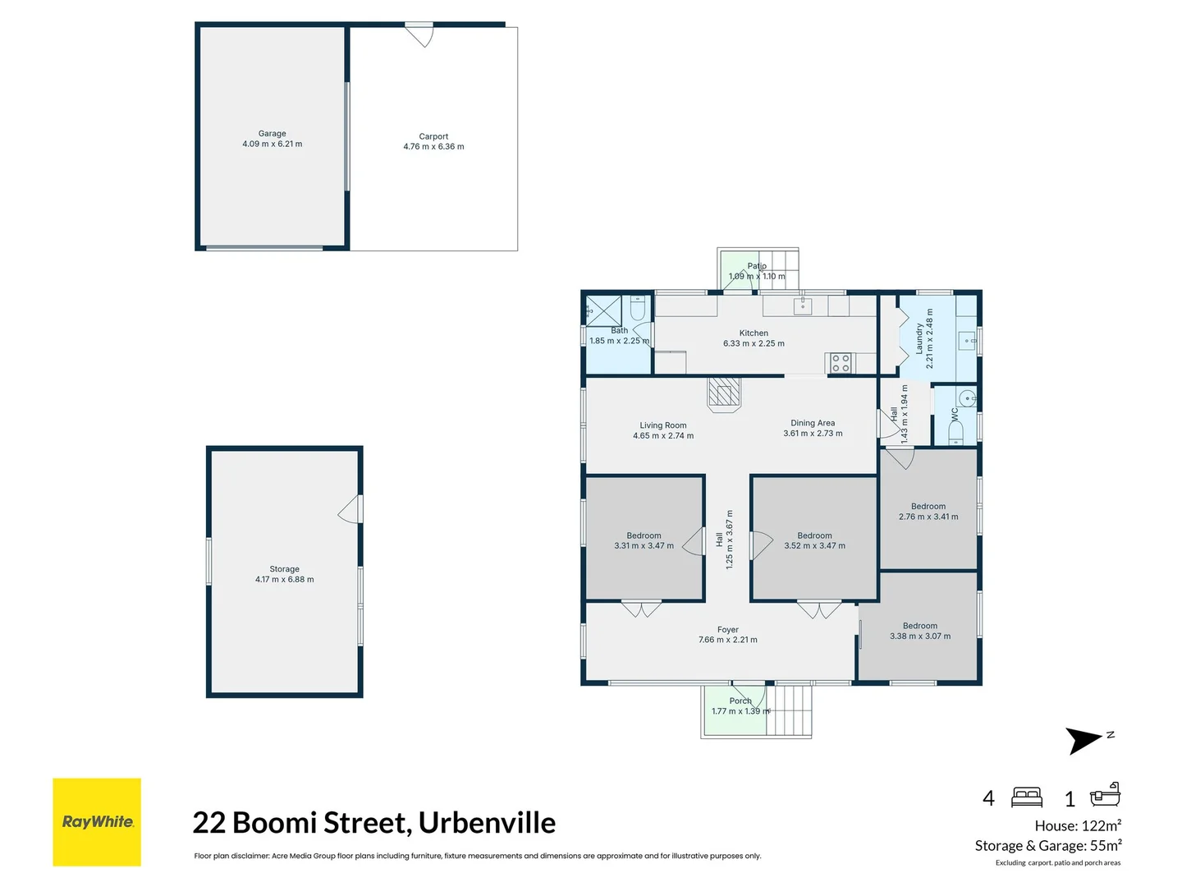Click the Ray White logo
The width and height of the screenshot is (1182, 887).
click(97, 822)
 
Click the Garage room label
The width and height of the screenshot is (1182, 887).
click(272, 134)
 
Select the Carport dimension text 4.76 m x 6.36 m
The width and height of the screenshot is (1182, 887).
click(433, 146)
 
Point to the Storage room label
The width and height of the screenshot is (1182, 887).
click(284, 569)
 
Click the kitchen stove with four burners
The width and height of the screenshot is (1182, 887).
click(840, 362)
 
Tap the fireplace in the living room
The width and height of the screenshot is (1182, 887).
click(724, 394)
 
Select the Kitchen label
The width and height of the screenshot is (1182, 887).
click(754, 333)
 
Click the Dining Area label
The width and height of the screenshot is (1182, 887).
click(813, 423)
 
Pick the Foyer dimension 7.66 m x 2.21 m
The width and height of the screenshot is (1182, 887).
click(727, 640)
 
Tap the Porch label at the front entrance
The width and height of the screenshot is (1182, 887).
click(740, 701)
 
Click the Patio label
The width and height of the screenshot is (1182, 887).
click(757, 266)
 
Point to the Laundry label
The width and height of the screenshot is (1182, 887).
click(919, 338)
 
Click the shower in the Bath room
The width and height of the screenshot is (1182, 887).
click(603, 310)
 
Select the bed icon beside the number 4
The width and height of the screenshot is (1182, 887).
click(1026, 797)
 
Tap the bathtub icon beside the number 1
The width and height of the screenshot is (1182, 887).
click(1105, 795)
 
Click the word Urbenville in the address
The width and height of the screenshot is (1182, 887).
click(487, 822)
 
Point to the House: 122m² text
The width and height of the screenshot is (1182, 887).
click(1078, 825)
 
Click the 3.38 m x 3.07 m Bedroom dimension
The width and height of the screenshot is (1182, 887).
click(920, 636)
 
